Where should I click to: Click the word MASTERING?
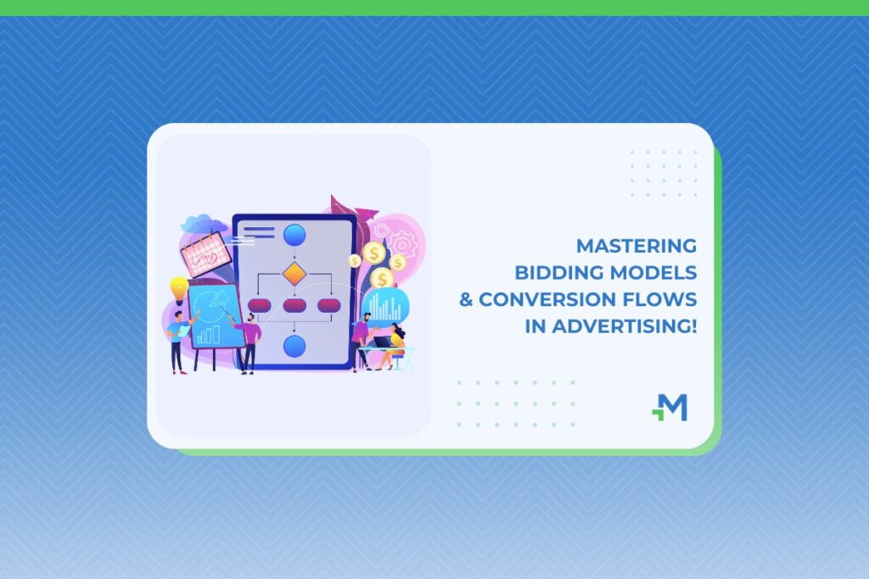click(636, 245)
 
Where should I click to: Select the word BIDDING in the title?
click(559, 272)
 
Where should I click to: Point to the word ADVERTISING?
click(624, 326)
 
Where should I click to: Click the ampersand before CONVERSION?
click(466, 299)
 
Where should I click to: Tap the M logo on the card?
click(670, 408)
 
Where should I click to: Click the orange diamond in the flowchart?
click(294, 274)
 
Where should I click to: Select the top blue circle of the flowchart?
click(294, 236)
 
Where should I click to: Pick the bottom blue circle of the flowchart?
click(294, 347)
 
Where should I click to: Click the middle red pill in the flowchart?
click(294, 305)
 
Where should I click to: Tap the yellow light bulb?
click(179, 290)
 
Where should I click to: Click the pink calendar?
click(205, 254)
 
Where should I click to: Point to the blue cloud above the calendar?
click(203, 223)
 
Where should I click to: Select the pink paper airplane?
click(366, 213)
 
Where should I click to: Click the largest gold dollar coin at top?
click(374, 253)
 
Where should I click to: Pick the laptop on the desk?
click(382, 342)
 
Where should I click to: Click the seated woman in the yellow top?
click(394, 347)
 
